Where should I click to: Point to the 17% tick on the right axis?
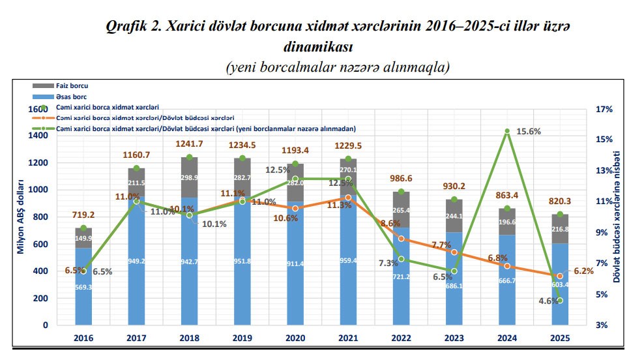(604, 110)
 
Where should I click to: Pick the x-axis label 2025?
(560, 338)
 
